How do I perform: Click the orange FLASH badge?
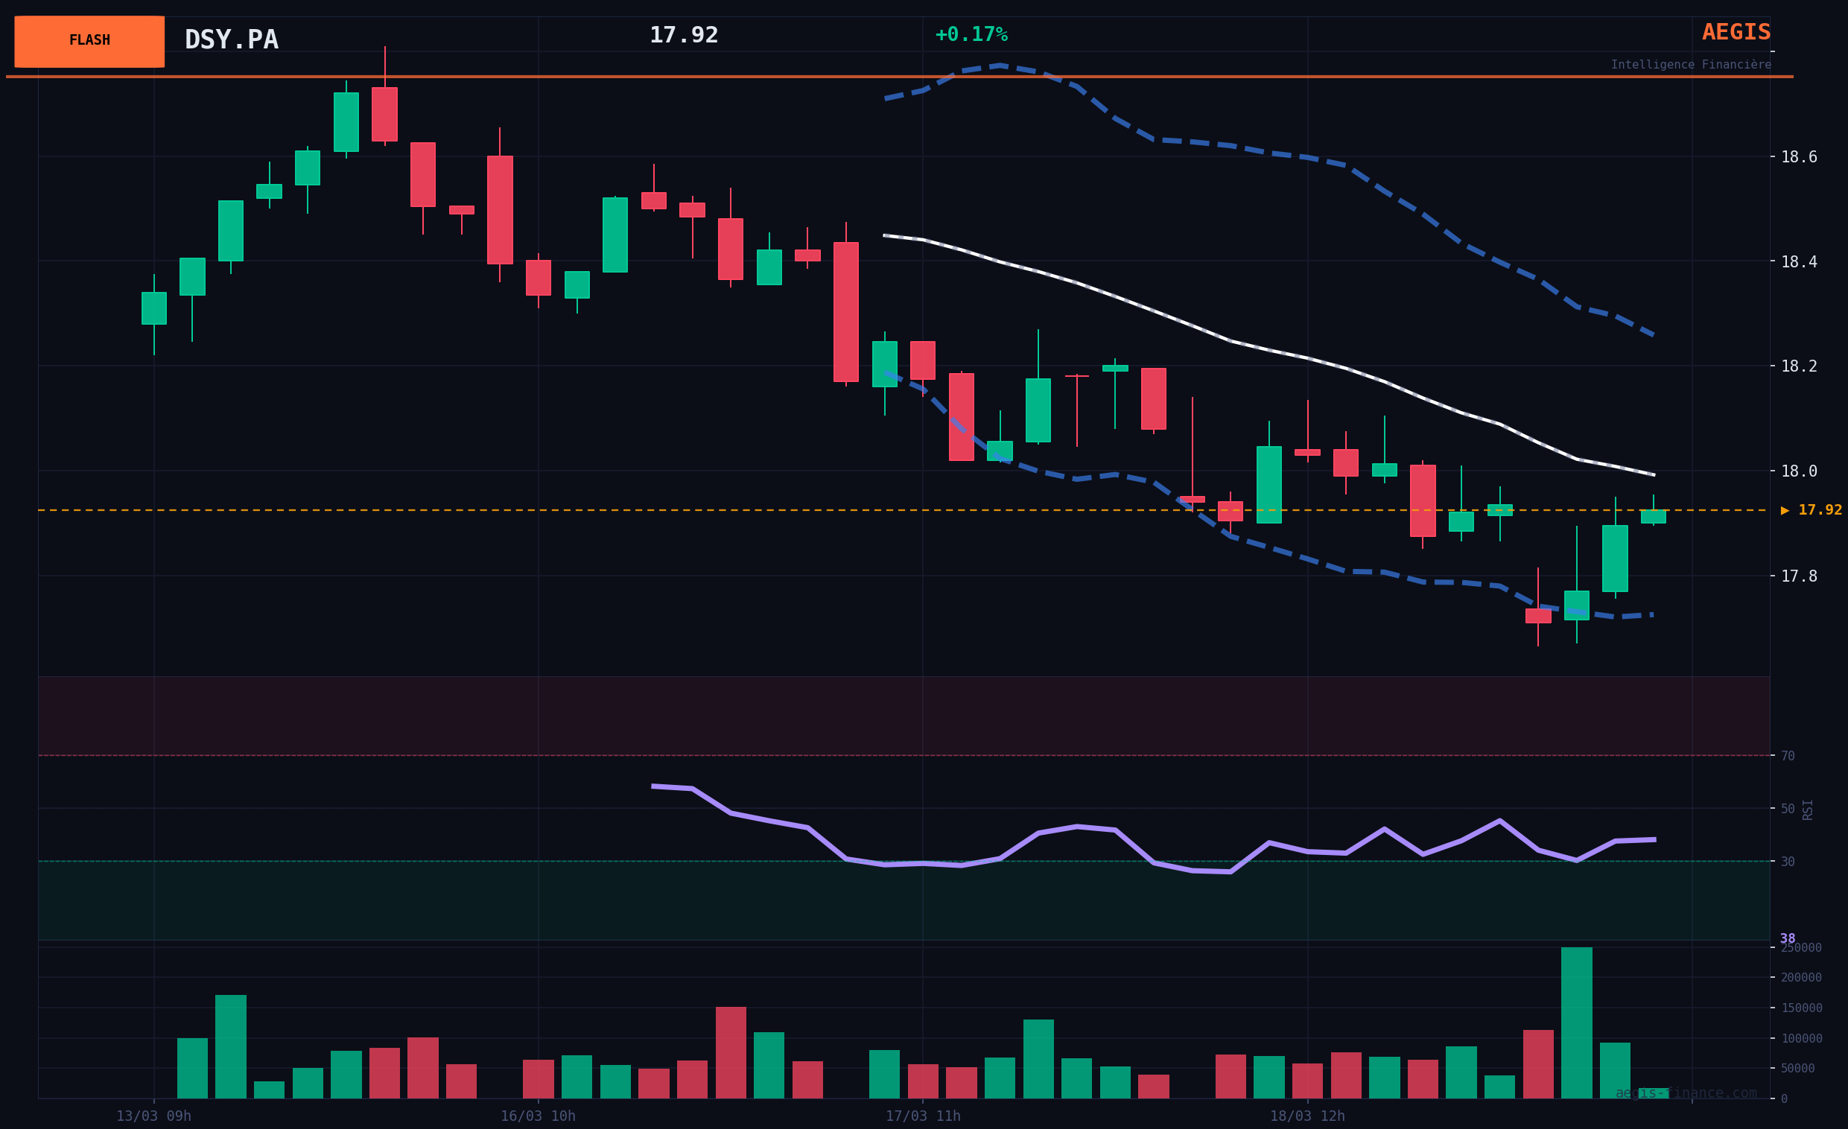(x=89, y=41)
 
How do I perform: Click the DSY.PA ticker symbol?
(x=231, y=39)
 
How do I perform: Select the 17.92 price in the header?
(x=683, y=35)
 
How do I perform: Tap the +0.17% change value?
(x=971, y=34)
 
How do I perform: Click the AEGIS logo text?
(x=1736, y=32)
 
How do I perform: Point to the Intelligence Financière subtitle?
(x=1691, y=66)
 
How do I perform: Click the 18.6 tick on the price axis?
(x=1799, y=156)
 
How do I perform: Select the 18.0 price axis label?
(x=1799, y=471)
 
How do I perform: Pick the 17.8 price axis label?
(x=1799, y=576)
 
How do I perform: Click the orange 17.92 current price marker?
(x=1812, y=510)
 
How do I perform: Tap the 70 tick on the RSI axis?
(x=1788, y=756)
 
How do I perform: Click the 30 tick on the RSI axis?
(x=1788, y=862)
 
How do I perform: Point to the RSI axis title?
(x=1808, y=809)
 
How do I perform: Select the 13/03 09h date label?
(x=153, y=1116)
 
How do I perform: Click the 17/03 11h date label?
(x=922, y=1116)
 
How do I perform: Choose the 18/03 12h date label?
(x=1307, y=1116)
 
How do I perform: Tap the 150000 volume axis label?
(x=1801, y=1008)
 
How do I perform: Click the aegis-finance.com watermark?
(x=1686, y=1093)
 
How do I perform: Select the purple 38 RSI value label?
(x=1787, y=938)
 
